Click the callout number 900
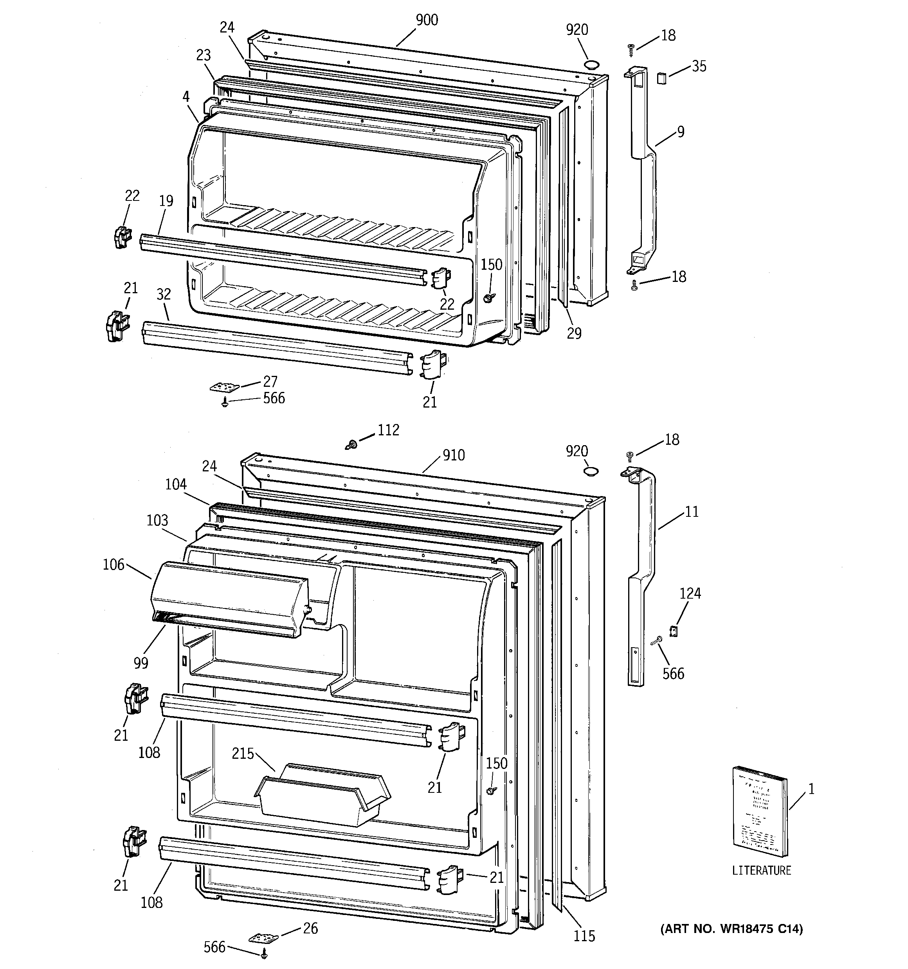427,20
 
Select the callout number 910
453,456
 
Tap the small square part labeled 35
661,78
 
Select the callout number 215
243,754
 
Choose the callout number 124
690,593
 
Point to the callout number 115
584,936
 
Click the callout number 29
574,334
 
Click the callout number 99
141,663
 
